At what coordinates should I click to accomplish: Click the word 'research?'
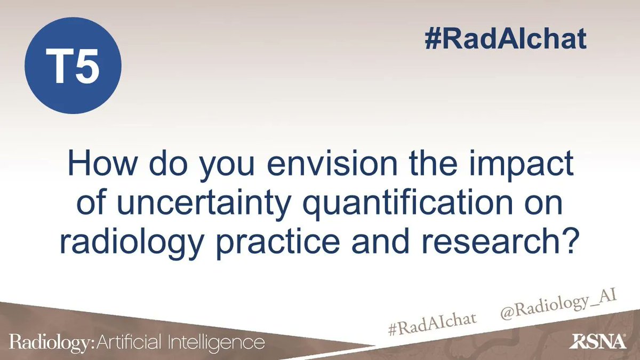tap(504, 245)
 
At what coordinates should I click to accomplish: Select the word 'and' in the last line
tap(394, 245)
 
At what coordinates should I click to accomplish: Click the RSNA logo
tap(599, 342)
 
